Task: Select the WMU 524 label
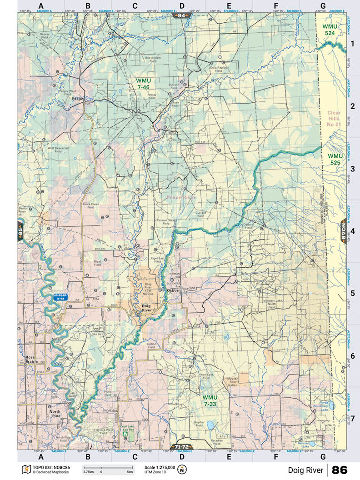click(x=330, y=30)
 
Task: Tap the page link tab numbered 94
click(x=182, y=15)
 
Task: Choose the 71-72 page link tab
click(x=181, y=446)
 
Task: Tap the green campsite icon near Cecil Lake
click(x=124, y=434)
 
